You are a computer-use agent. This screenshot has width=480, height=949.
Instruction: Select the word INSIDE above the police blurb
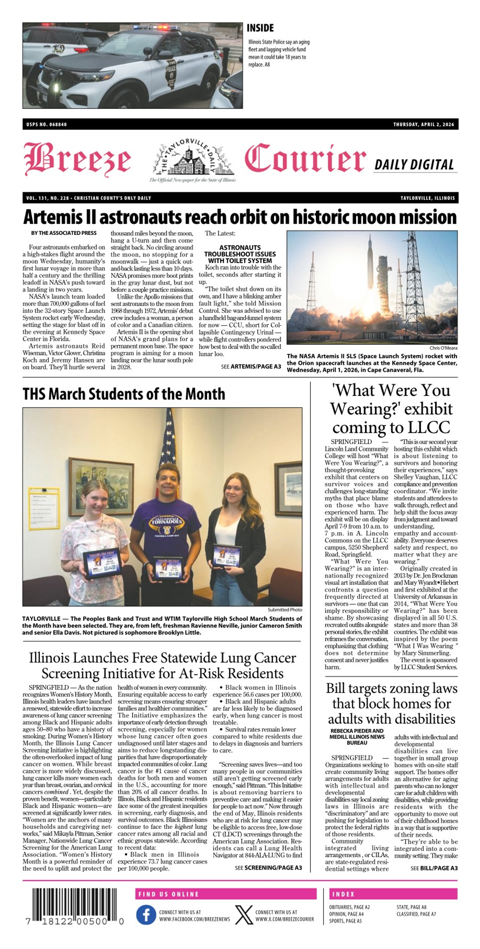coord(260,28)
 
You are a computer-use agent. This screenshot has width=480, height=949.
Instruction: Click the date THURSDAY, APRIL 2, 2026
coord(424,124)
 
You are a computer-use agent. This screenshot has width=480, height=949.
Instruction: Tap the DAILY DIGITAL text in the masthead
coord(414,165)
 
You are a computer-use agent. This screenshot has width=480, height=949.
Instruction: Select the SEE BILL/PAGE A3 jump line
coord(434,868)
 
